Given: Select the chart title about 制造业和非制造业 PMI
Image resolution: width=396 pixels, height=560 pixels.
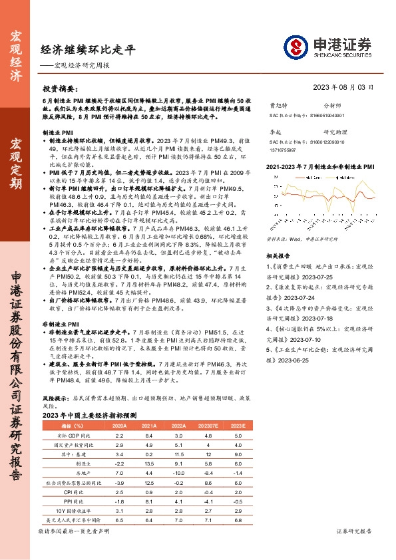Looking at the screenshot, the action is tap(317, 168).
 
